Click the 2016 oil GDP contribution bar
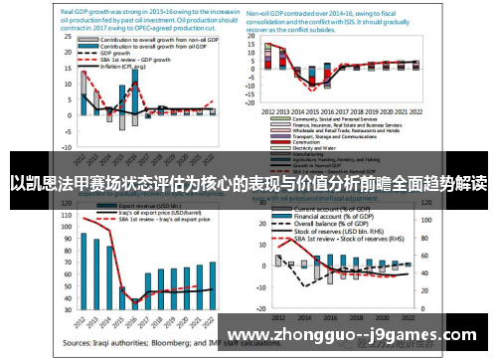(x=135, y=94)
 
